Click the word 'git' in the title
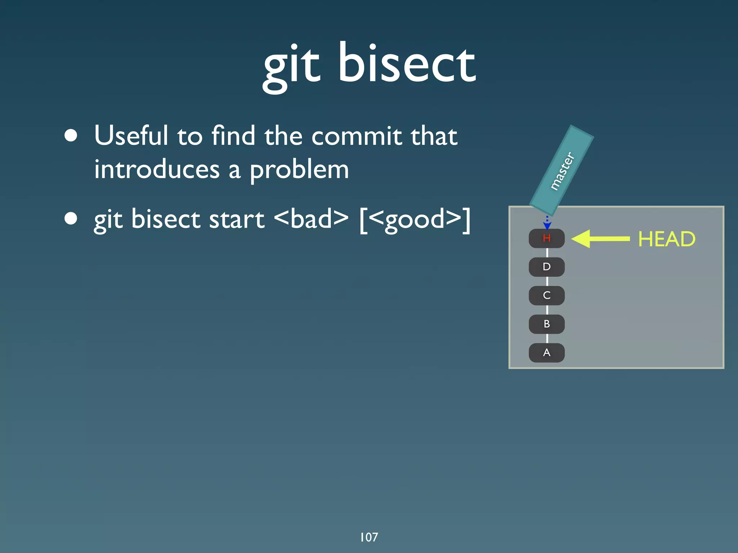click(x=291, y=67)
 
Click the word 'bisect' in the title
click(x=406, y=63)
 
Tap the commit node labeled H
click(x=546, y=238)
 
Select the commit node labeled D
click(x=546, y=267)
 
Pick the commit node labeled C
click(x=546, y=295)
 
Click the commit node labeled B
click(x=546, y=324)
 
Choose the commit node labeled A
click(x=546, y=353)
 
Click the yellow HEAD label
click(x=666, y=239)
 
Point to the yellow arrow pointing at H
click(x=600, y=238)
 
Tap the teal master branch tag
click(x=561, y=170)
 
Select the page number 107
click(x=369, y=537)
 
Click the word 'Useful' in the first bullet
click(x=131, y=135)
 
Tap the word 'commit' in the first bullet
click(x=356, y=136)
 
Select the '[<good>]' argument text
click(x=415, y=219)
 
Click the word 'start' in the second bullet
click(x=236, y=219)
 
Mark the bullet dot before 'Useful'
click(x=71, y=135)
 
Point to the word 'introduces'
click(x=157, y=169)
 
